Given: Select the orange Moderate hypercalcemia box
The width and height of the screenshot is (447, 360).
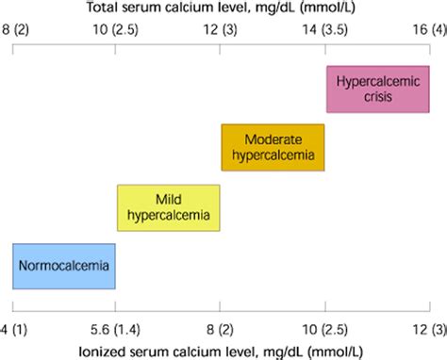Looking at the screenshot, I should (x=273, y=147).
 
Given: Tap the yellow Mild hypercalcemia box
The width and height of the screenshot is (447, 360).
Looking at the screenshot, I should (x=168, y=207).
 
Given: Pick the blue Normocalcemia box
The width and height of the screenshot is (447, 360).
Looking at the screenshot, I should (x=63, y=267).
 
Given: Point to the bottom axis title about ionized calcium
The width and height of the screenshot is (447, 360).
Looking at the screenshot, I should (x=223, y=351).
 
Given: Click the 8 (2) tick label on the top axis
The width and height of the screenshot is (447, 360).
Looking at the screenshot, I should (x=18, y=31).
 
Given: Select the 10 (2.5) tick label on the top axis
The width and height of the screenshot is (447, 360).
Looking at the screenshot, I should (x=116, y=31).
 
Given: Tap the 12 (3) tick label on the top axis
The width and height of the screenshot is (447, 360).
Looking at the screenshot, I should (x=220, y=31).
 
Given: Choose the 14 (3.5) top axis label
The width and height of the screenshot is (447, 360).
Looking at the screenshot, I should (x=324, y=31).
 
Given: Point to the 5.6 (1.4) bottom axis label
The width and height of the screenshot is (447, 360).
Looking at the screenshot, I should (x=115, y=328).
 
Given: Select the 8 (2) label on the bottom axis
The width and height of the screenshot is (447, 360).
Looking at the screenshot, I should (x=220, y=328).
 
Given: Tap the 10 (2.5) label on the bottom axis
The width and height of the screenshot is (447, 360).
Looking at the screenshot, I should (x=324, y=328).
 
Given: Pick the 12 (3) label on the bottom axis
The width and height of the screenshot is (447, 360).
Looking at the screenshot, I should (x=424, y=328).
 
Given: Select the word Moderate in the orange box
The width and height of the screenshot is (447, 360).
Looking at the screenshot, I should (x=273, y=139).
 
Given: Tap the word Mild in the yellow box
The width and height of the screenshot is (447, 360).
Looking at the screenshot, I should (x=168, y=199).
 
